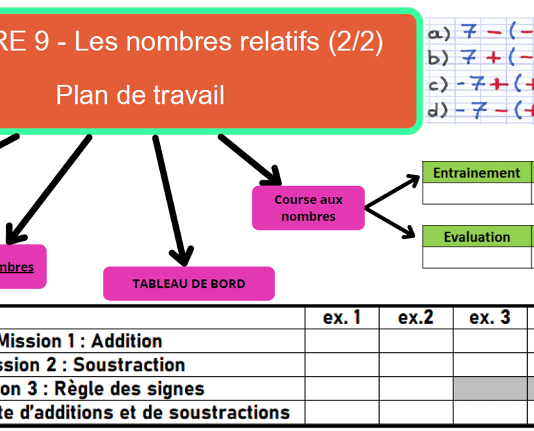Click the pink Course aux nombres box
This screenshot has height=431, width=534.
[308, 207]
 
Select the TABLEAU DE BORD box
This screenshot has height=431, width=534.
[188, 283]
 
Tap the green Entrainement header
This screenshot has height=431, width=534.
[476, 173]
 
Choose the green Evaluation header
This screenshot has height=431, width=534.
[476, 237]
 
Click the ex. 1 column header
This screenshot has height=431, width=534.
[342, 318]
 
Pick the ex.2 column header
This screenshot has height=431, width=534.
[416, 318]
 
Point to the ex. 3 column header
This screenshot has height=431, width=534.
[489, 318]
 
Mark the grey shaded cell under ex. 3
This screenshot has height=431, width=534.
[489, 389]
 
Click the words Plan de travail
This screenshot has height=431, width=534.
[140, 95]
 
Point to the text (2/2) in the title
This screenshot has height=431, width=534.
[356, 43]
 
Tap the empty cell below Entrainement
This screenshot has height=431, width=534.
[476, 194]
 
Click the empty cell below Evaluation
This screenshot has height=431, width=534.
[476, 258]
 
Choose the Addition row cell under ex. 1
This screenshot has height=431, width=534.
[342, 341]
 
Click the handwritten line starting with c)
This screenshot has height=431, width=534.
[480, 85]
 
